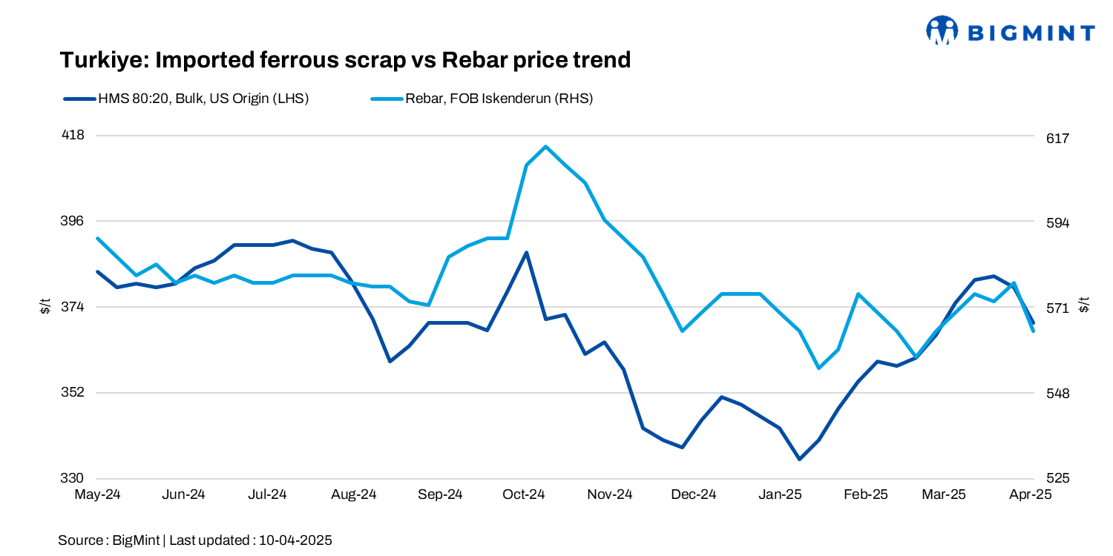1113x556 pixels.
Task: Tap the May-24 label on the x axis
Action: (x=98, y=494)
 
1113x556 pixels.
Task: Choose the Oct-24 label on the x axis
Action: (x=524, y=494)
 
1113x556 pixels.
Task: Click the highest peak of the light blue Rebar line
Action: (x=546, y=147)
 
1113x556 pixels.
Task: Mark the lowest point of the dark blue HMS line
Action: (x=800, y=459)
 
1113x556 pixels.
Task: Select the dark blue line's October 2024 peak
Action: (x=527, y=253)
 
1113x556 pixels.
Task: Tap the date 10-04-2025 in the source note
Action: (x=295, y=540)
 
